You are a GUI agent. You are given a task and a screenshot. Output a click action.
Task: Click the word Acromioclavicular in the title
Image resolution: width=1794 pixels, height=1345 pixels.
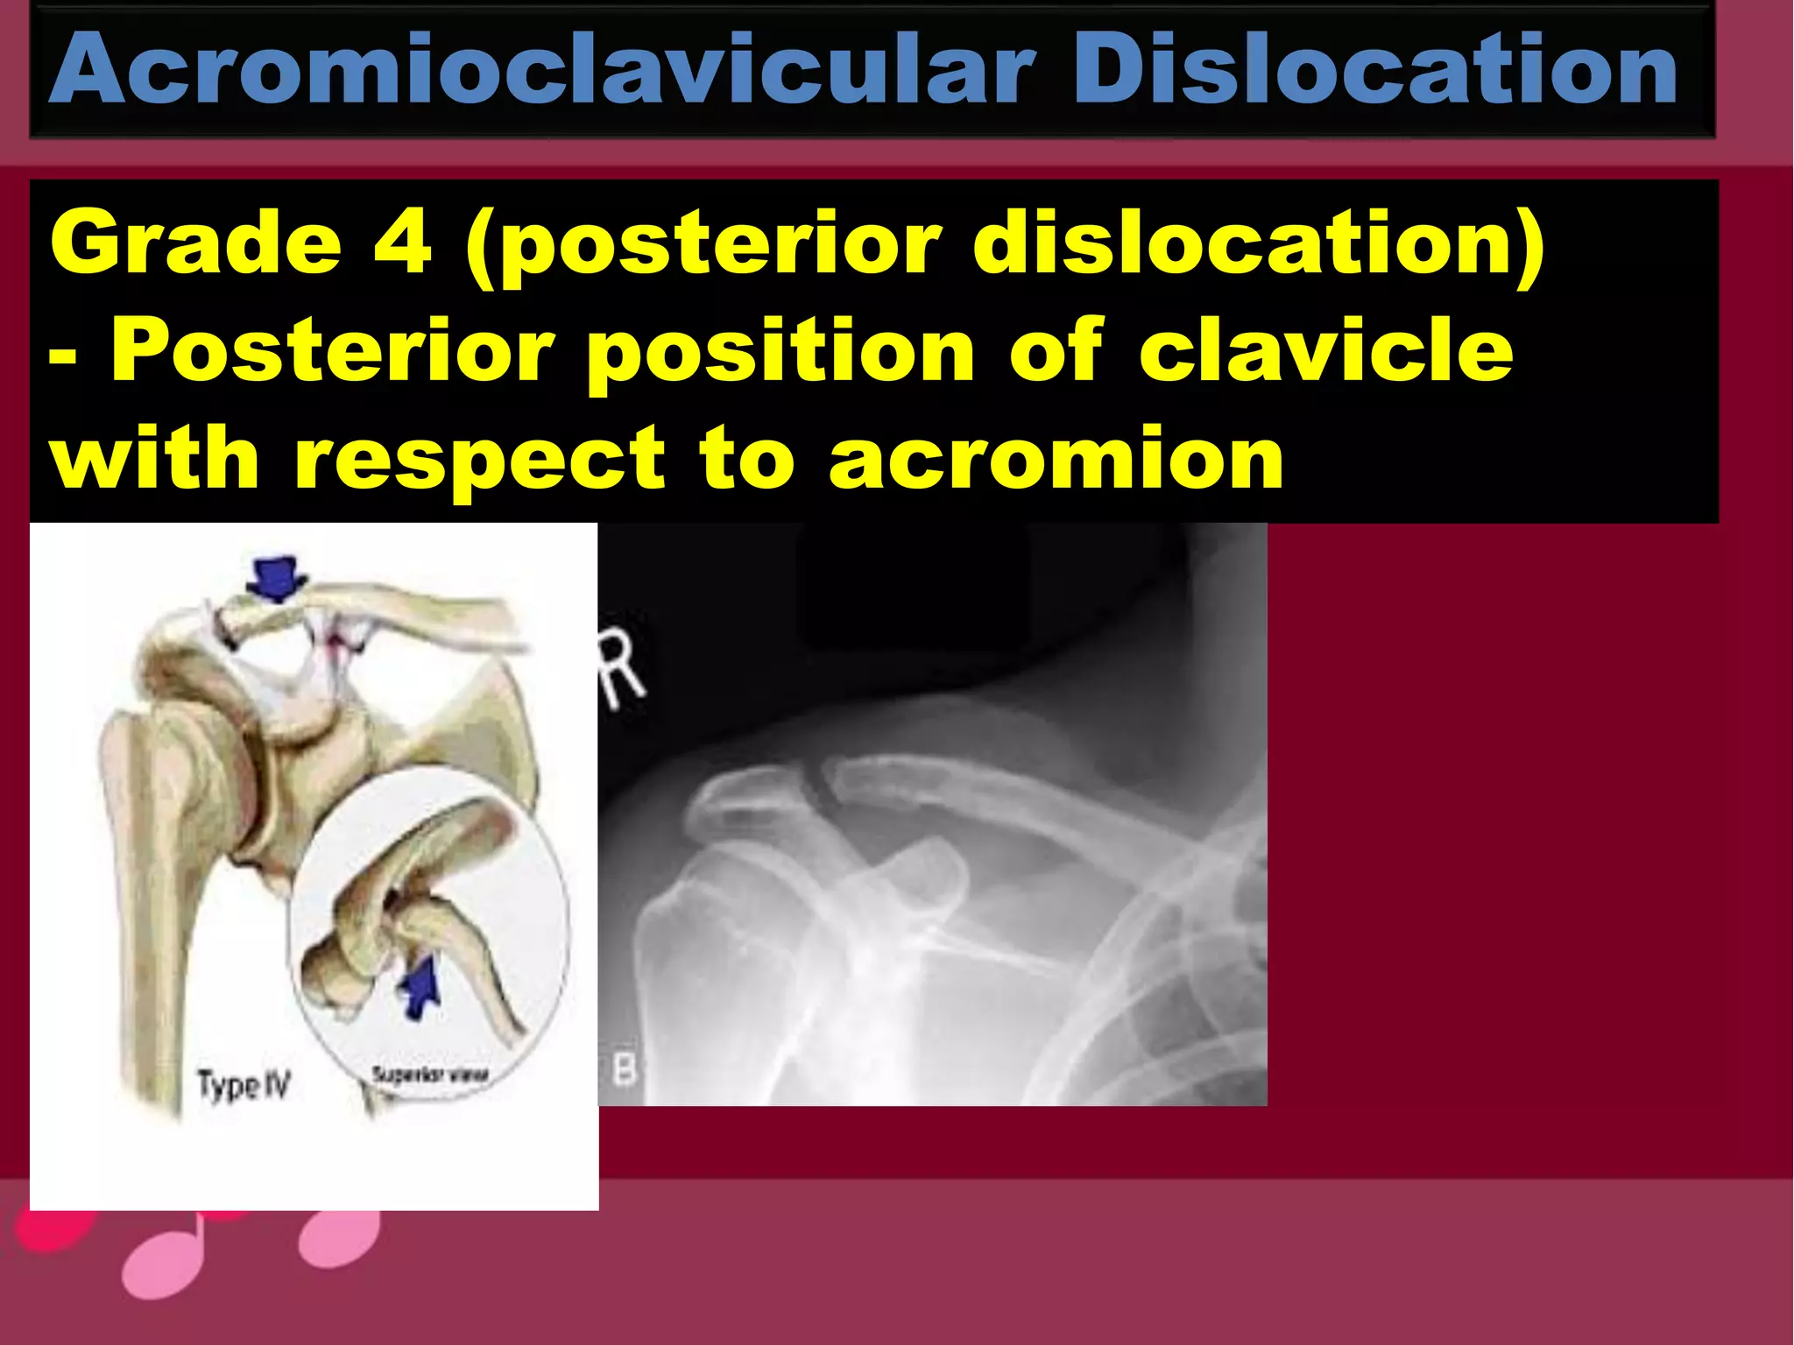pos(543,70)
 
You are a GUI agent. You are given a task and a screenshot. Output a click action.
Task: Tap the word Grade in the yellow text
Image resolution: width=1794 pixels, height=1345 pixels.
pos(195,243)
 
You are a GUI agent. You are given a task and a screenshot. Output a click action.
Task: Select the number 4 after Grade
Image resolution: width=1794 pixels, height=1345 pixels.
pos(402,243)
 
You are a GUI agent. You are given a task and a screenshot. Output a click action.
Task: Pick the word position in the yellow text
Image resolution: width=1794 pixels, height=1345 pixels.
pos(780,355)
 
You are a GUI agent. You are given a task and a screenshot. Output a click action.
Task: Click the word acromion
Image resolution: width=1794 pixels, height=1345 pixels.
pos(1056,460)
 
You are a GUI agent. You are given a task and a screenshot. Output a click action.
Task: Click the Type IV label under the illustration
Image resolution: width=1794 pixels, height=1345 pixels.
pos(243,1086)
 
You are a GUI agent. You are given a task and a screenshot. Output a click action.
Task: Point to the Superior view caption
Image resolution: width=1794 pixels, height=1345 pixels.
pos(430,1075)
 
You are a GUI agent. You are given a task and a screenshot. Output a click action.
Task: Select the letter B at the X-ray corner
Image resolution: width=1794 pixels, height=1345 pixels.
pos(624,1071)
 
